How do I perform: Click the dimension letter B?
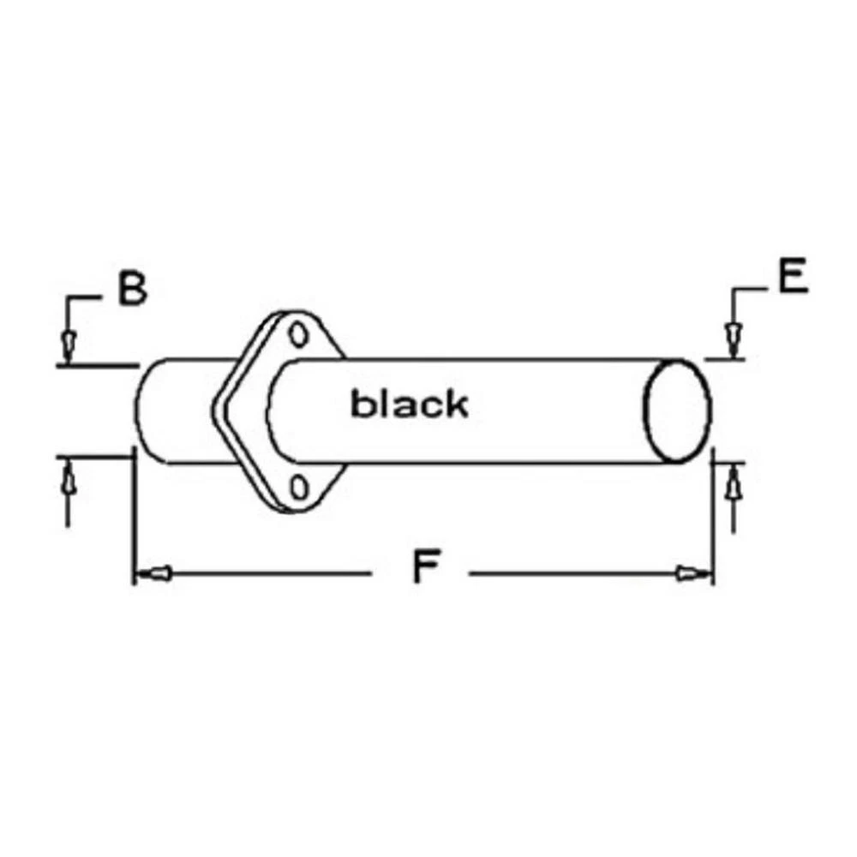coord(133,289)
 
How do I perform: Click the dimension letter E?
coord(793,277)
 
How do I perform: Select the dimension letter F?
coord(426,566)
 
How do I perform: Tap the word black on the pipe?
coord(410,404)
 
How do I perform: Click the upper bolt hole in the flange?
coord(298,334)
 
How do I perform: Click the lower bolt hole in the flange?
coord(298,487)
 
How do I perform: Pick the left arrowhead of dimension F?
coord(153,573)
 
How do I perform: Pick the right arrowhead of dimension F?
coord(694,574)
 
